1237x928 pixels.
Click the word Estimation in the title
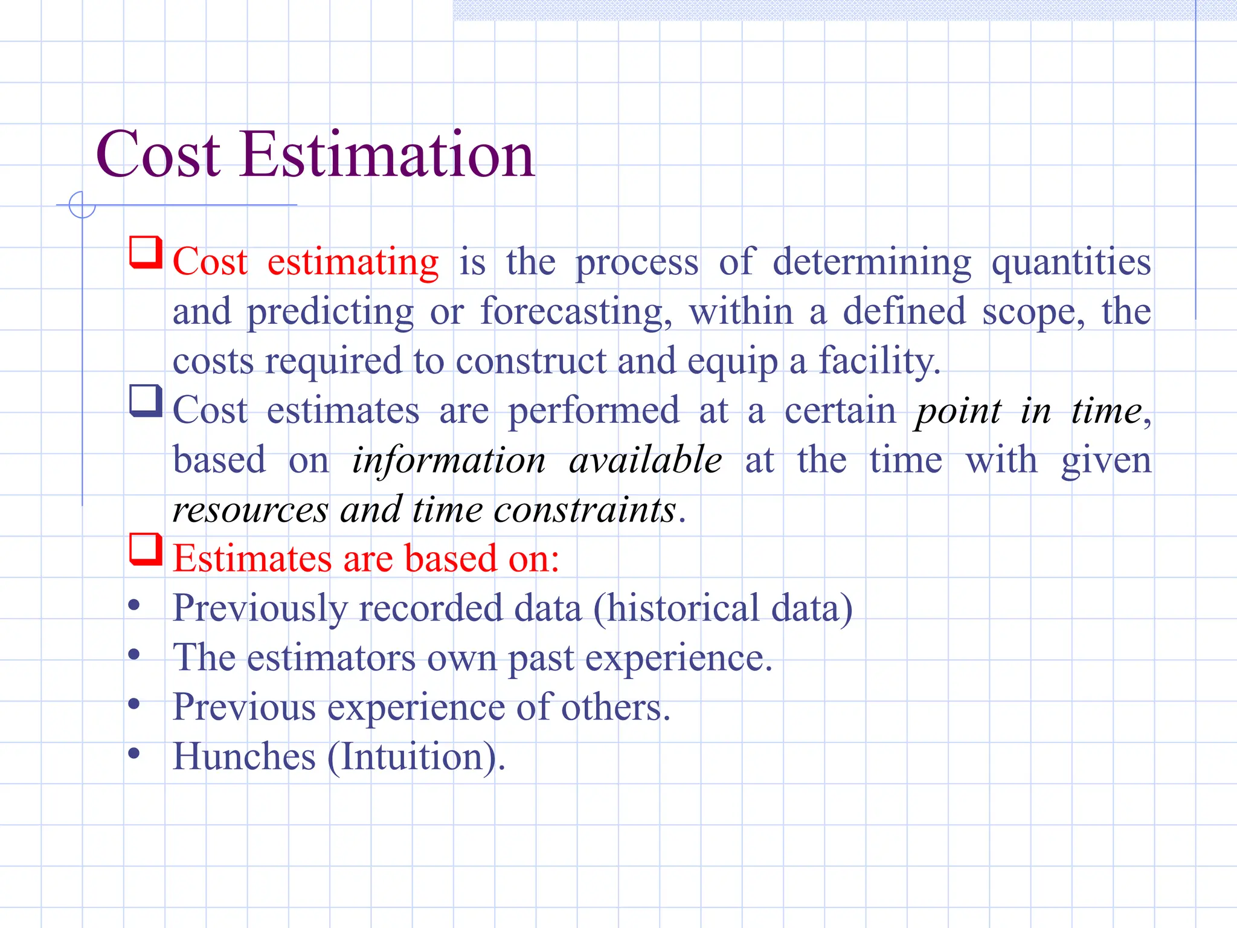coord(387,155)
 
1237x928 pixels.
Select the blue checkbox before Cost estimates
coord(146,401)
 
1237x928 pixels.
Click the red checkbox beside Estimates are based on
coord(146,549)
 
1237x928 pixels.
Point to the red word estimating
coord(353,263)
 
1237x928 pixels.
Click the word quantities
coord(1071,263)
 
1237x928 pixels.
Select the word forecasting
coord(576,312)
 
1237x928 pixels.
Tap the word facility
coord(879,361)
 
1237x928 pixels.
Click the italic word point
coord(958,411)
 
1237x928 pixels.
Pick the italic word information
coord(449,460)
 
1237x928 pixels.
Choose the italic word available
coord(646,460)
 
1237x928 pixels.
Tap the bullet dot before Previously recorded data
coord(134,605)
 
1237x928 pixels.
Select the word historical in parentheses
coord(683,608)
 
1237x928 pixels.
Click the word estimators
coord(331,658)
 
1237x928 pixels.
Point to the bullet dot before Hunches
coord(134,753)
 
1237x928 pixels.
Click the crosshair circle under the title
coord(82,205)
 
